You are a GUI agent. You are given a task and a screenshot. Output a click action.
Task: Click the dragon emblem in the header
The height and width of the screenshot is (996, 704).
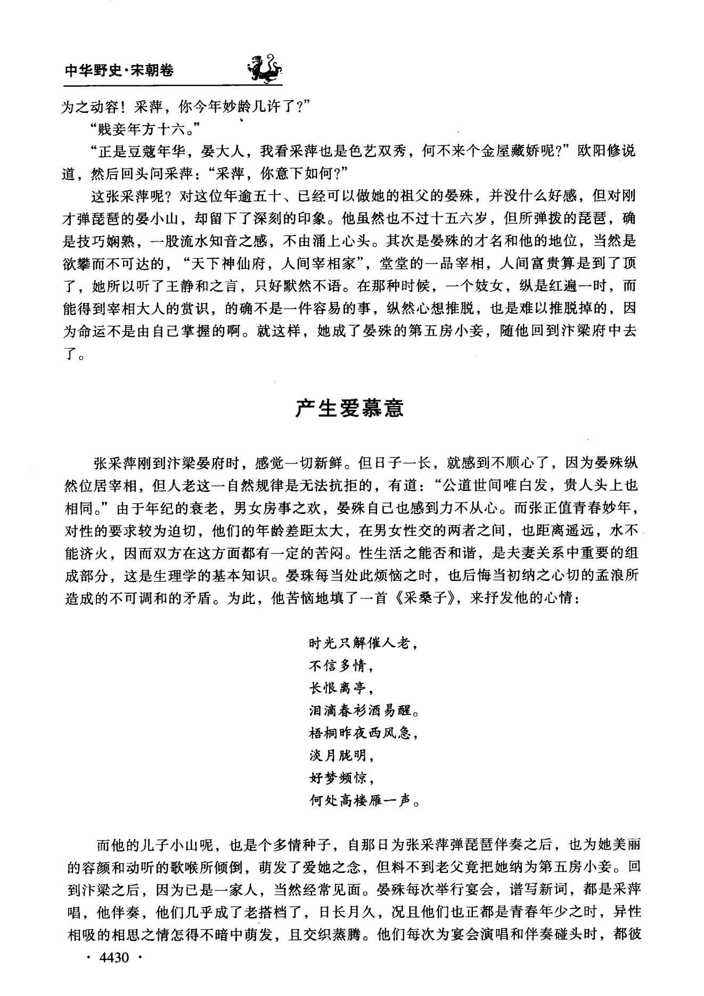pyautogui.click(x=265, y=68)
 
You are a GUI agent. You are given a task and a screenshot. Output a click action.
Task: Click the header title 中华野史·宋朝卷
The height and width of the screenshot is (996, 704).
pyautogui.click(x=119, y=70)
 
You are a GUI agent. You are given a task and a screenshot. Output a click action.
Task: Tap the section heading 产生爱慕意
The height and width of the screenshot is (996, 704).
pyautogui.click(x=350, y=408)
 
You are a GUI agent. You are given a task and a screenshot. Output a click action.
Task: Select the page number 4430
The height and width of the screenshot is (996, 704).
pyautogui.click(x=114, y=973)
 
